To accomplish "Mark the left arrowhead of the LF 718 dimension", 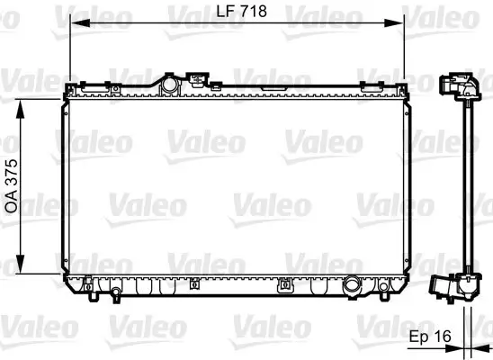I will point(75,25).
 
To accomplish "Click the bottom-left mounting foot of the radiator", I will point(94,290).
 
